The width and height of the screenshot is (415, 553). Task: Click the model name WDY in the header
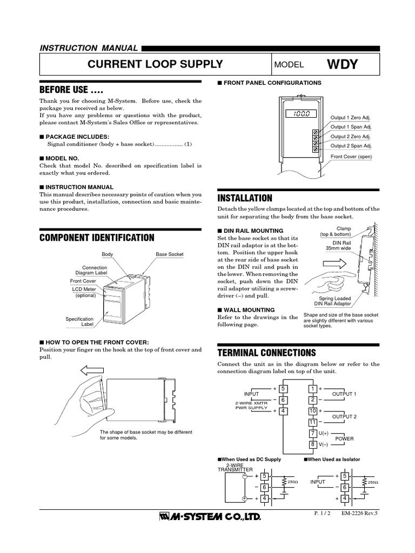click(x=342, y=64)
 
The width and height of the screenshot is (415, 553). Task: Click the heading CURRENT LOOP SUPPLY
click(x=155, y=64)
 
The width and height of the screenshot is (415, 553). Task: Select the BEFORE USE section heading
click(x=71, y=89)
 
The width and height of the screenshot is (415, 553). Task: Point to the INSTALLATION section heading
click(x=244, y=198)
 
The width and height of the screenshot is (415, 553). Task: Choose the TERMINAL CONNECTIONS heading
click(x=266, y=353)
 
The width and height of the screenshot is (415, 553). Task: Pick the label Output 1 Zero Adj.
click(x=351, y=117)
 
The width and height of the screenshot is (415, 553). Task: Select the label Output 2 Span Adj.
click(x=351, y=146)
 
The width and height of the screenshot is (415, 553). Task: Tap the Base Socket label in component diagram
click(x=170, y=254)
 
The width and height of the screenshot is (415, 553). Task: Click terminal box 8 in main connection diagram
click(x=312, y=444)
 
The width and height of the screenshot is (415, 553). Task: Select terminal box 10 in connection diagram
click(x=312, y=411)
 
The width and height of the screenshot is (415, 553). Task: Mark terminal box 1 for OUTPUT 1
click(x=312, y=388)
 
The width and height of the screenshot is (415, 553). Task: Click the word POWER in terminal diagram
click(x=344, y=439)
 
